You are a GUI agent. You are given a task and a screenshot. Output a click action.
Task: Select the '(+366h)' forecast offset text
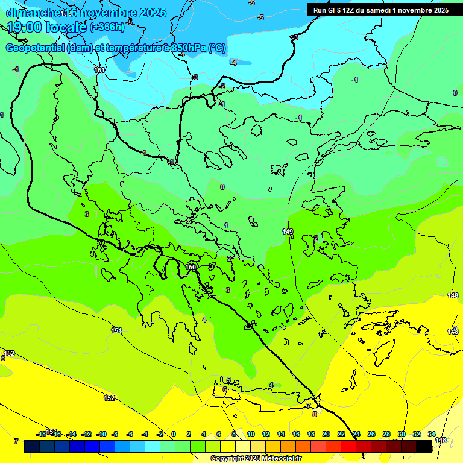[x=107, y=27]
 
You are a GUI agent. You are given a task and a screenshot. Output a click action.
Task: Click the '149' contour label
[x=288, y=232]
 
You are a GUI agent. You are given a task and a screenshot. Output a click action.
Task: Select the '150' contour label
[x=191, y=267]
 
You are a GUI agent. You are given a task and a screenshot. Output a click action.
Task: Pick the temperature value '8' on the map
[x=314, y=414]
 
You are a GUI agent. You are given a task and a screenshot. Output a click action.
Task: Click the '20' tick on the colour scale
[x=326, y=434]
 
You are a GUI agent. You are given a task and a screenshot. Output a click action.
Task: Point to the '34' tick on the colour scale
[x=432, y=434]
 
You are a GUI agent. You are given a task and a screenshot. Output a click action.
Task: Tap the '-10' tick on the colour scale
[x=101, y=434]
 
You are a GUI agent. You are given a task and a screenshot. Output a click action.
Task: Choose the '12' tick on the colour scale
[x=265, y=434]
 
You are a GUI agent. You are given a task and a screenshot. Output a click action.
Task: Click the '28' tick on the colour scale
[x=386, y=434]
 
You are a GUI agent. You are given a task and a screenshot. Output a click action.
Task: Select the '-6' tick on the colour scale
[x=130, y=434]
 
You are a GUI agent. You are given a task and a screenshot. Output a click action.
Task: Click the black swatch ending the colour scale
[x=424, y=446]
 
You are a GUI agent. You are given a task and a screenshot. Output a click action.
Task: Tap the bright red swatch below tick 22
[x=348, y=446]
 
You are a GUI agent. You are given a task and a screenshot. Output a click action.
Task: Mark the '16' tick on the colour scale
[x=296, y=434]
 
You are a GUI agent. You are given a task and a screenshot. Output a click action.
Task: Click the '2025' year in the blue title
[x=153, y=13]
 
